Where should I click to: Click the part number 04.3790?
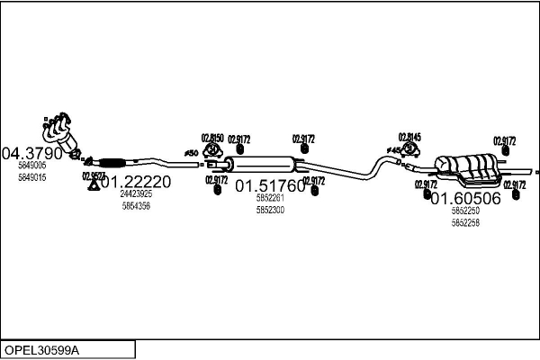(x=32, y=153)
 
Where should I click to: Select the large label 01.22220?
(x=150, y=181)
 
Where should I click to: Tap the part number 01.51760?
(x=270, y=187)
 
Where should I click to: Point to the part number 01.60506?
(x=465, y=198)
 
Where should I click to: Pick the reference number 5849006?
(x=31, y=166)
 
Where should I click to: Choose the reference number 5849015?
(x=31, y=177)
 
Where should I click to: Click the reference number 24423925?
(x=136, y=194)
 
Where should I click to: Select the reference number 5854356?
(x=136, y=206)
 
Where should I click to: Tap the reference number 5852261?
(x=269, y=199)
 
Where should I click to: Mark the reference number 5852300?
(x=269, y=210)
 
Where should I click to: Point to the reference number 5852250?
(x=465, y=211)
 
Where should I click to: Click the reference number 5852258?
(x=465, y=221)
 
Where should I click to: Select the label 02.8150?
(x=211, y=138)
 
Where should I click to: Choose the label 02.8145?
(x=409, y=137)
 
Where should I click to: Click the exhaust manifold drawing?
(x=61, y=130)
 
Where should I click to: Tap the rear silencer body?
(x=472, y=166)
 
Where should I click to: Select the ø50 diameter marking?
(x=191, y=154)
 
